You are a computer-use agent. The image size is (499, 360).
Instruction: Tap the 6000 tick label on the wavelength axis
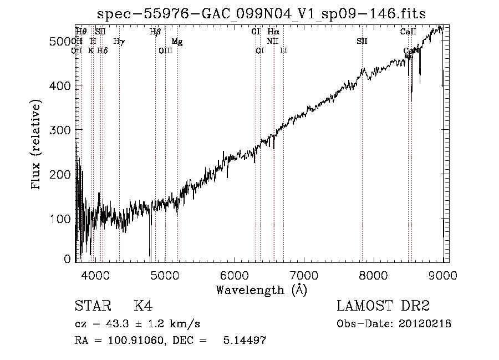click(x=234, y=275)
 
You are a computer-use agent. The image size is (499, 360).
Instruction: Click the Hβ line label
click(x=155, y=32)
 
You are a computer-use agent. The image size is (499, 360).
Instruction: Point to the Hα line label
click(x=273, y=32)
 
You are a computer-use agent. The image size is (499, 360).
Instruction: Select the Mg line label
click(x=177, y=42)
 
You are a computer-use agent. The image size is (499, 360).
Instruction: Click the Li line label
click(x=283, y=50)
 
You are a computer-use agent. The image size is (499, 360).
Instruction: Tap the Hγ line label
click(x=119, y=42)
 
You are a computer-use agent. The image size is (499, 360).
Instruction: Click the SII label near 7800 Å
click(x=361, y=42)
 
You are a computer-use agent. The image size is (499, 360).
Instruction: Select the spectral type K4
click(x=143, y=306)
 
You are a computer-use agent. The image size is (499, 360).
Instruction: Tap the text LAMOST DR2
click(x=383, y=306)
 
